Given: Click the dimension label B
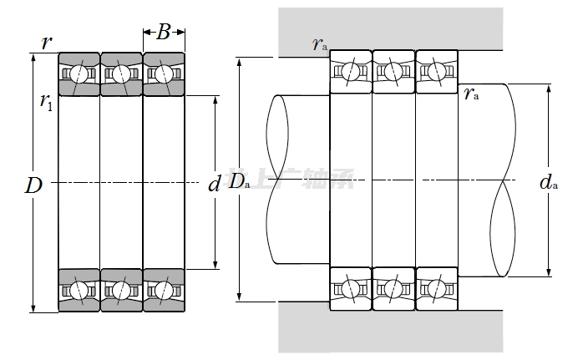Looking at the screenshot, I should (164, 33).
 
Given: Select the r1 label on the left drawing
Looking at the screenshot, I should (45, 102).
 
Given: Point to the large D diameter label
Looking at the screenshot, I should (33, 185).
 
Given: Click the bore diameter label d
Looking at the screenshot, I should (214, 184).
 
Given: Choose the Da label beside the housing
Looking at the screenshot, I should (239, 180).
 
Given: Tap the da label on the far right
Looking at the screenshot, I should (548, 181).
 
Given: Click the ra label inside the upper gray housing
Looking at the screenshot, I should (319, 43).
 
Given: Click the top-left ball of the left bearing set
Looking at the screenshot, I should (79, 74).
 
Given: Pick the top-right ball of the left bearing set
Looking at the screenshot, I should (164, 74).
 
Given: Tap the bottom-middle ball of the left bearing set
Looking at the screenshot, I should (121, 290).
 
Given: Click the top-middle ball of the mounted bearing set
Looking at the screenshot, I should (393, 72).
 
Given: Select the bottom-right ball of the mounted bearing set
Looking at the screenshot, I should (436, 288).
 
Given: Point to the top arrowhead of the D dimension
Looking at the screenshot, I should (33, 58).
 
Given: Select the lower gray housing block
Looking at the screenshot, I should (393, 329).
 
